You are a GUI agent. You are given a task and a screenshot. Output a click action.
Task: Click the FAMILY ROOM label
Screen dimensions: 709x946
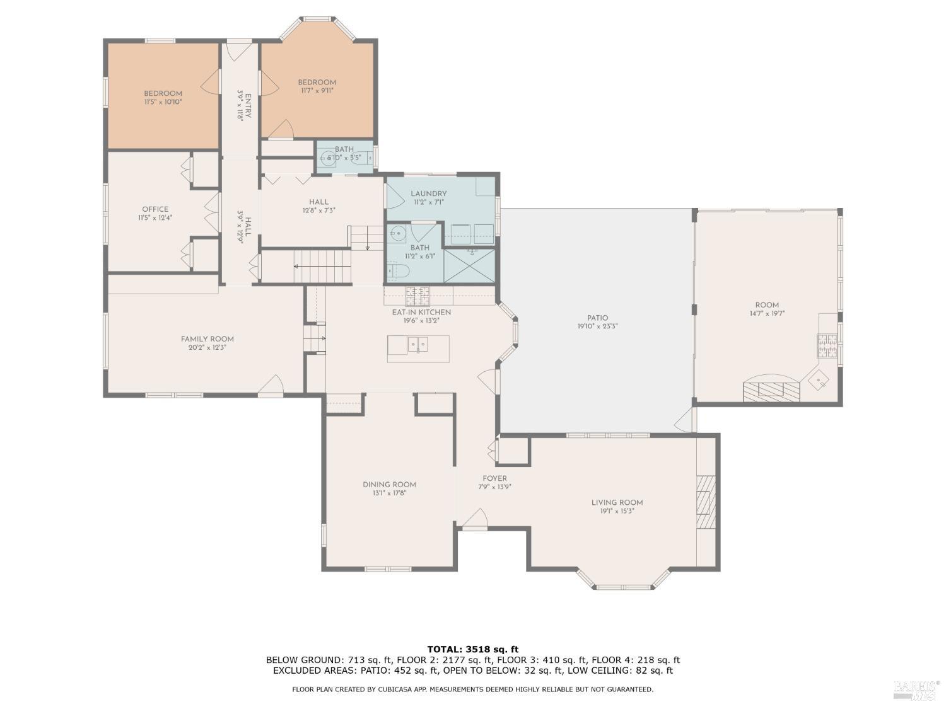[x=207, y=339]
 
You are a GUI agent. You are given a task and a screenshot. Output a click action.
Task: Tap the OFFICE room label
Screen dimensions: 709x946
[x=155, y=209]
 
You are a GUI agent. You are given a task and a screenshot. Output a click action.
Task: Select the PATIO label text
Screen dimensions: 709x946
[x=597, y=318]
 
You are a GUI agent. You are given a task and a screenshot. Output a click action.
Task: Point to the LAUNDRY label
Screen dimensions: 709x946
[x=428, y=193]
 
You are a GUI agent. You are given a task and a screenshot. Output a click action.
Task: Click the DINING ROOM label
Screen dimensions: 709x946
[x=389, y=485]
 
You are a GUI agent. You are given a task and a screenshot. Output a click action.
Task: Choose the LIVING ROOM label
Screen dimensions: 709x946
[x=617, y=502]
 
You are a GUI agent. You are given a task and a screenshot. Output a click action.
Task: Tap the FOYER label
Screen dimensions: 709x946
[x=494, y=478]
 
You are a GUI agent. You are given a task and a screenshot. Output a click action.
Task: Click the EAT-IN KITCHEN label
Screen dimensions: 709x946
[x=421, y=312]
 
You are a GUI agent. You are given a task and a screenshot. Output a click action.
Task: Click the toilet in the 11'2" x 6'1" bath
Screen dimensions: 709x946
[x=399, y=271]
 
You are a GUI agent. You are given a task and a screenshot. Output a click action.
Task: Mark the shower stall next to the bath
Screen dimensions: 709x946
[x=469, y=266]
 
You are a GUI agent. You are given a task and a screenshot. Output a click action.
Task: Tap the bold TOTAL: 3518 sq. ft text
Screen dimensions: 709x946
[x=472, y=649]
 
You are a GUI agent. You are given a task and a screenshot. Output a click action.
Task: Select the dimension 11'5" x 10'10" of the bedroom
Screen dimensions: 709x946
[x=163, y=101]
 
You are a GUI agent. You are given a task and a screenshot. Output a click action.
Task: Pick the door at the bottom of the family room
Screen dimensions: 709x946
[x=271, y=386]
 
